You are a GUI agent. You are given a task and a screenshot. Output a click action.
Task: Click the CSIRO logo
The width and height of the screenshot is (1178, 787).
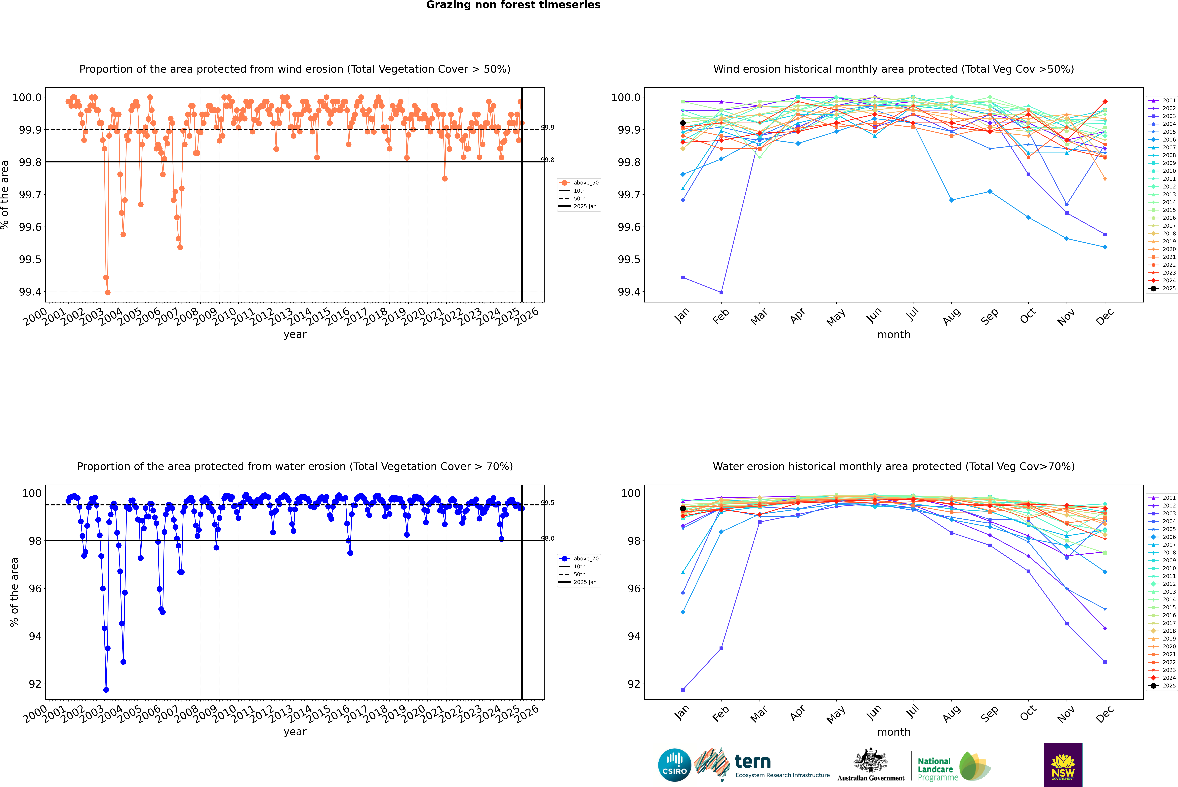coord(674,765)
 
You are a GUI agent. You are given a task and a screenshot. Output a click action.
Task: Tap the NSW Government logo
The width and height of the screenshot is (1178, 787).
coord(1063,765)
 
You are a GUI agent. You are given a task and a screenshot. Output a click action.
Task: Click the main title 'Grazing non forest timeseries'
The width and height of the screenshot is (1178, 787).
coord(513,5)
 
